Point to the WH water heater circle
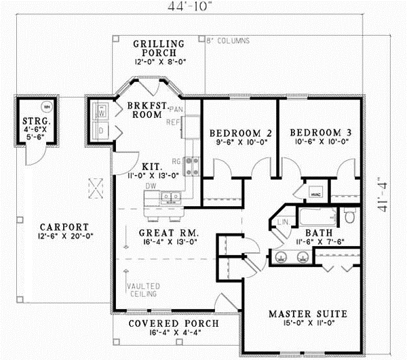pyautogui.click(x=46, y=106)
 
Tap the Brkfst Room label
pyautogui.click(x=144, y=110)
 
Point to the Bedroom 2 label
pyautogui.click(x=240, y=132)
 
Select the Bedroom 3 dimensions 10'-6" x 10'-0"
pyautogui.click(x=319, y=143)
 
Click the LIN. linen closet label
pyautogui.click(x=284, y=222)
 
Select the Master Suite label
pyautogui.click(x=307, y=314)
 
